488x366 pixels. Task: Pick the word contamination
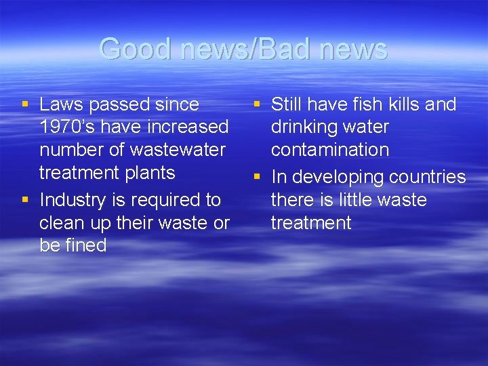coord(329,150)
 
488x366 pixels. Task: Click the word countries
coord(428,178)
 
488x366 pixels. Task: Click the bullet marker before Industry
coord(25,200)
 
